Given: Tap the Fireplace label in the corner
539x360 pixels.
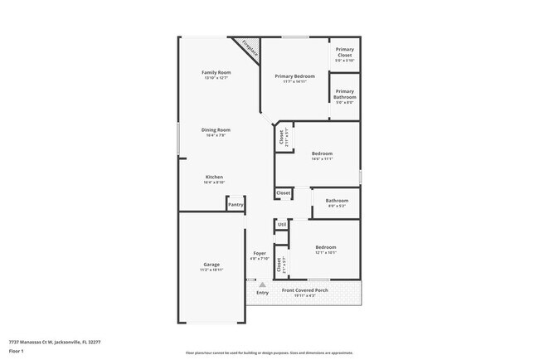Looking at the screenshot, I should pyautogui.click(x=249, y=48).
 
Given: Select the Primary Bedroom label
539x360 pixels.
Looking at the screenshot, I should pyautogui.click(x=294, y=75).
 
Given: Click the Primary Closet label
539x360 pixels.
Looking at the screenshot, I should pyautogui.click(x=344, y=51).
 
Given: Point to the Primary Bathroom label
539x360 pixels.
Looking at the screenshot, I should pyautogui.click(x=344, y=94).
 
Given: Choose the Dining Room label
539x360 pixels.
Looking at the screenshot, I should pyautogui.click(x=215, y=129).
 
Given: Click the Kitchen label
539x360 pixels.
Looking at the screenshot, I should pyautogui.click(x=214, y=177).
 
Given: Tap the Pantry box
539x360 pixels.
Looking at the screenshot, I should pyautogui.click(x=236, y=204).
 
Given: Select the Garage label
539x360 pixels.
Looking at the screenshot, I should pyautogui.click(x=211, y=264).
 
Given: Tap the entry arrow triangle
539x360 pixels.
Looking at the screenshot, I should pyautogui.click(x=262, y=285).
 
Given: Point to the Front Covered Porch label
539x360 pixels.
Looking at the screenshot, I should pyautogui.click(x=305, y=290).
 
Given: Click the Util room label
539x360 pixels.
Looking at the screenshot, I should pyautogui.click(x=282, y=224).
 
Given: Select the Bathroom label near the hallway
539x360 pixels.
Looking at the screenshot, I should pyautogui.click(x=337, y=200).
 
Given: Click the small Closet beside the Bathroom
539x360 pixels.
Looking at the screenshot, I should pyautogui.click(x=284, y=192).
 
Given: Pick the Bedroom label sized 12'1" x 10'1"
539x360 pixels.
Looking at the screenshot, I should pyautogui.click(x=325, y=247).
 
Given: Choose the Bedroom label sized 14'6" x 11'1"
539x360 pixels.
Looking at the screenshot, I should pyautogui.click(x=322, y=153).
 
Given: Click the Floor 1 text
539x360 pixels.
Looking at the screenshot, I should pyautogui.click(x=17, y=351).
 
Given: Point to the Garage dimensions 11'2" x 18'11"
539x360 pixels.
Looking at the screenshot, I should pyautogui.click(x=211, y=270).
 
